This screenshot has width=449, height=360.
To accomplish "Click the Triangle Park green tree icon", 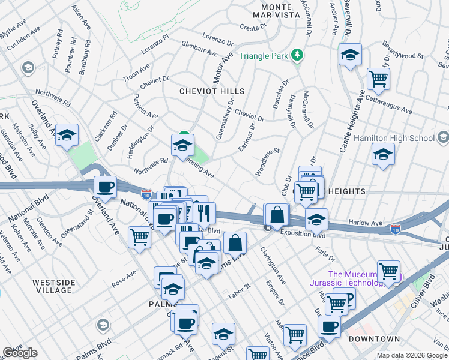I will click(x=296, y=56).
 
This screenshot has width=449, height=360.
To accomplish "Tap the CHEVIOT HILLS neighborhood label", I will click(x=212, y=91).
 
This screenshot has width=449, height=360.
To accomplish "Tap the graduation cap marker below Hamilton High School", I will click(x=383, y=154).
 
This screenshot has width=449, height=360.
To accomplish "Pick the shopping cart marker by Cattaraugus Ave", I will click(x=378, y=78).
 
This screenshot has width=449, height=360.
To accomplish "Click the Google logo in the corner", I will click(x=20, y=353).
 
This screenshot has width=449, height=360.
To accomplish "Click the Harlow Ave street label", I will click(x=365, y=223).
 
